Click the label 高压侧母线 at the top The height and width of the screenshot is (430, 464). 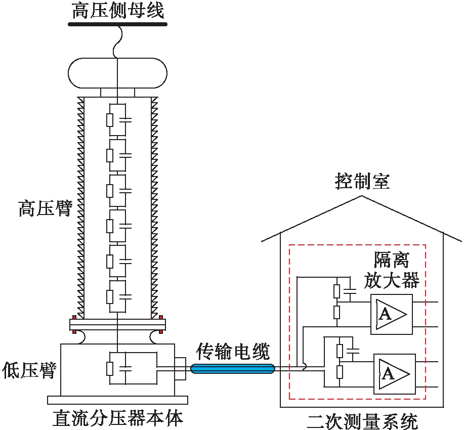(x=117, y=10)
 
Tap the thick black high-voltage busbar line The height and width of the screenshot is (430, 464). (x=117, y=23)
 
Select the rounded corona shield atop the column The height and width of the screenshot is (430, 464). (x=117, y=73)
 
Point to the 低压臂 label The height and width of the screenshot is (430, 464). (x=29, y=370)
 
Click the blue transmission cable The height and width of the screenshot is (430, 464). (x=233, y=369)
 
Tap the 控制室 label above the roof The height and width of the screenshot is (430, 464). (x=362, y=181)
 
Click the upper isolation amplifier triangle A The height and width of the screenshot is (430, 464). (x=391, y=314)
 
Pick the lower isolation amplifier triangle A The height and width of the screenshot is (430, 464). (x=393, y=374)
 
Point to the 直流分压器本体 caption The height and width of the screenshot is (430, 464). (x=117, y=418)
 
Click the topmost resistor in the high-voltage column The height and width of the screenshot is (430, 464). (x=110, y=120)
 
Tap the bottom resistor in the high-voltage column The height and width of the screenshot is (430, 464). (x=110, y=296)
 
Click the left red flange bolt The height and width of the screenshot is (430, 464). (x=74, y=332)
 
